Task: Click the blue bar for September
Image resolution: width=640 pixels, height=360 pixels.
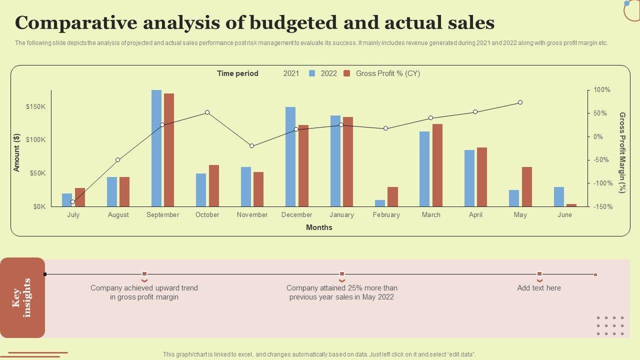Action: pyautogui.click(x=156, y=148)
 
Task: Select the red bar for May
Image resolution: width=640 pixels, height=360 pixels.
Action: pyautogui.click(x=527, y=186)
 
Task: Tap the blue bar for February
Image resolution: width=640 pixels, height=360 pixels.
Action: pyautogui.click(x=380, y=203)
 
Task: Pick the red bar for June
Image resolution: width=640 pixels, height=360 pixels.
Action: pyautogui.click(x=571, y=205)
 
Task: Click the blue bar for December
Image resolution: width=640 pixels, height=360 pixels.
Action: pyautogui.click(x=290, y=156)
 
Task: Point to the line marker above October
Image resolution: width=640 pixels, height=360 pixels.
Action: pyautogui.click(x=207, y=112)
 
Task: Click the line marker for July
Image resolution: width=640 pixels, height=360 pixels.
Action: pyautogui.click(x=73, y=202)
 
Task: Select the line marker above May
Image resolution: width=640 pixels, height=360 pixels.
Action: pyautogui.click(x=520, y=102)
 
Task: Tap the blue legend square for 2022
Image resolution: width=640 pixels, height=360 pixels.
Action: pyautogui.click(x=312, y=73)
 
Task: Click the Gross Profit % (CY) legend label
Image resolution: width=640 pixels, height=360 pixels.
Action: pyautogui.click(x=387, y=73)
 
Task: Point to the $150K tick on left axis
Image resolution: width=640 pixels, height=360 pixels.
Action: pyautogui.click(x=36, y=106)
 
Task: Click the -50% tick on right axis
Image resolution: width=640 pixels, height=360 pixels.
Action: pyautogui.click(x=601, y=160)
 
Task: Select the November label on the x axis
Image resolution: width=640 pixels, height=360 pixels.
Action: pyautogui.click(x=252, y=214)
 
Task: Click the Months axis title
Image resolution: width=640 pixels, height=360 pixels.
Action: pyautogui.click(x=319, y=227)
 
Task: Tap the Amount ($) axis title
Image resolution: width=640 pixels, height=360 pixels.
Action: pyautogui.click(x=17, y=152)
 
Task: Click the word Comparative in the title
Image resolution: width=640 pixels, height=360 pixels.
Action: pyautogui.click(x=75, y=23)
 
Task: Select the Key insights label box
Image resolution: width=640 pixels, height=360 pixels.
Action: pyautogui.click(x=22, y=297)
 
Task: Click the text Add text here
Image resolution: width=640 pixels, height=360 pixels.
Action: pyautogui.click(x=539, y=288)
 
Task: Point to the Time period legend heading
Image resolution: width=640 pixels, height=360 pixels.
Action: pyautogui.click(x=237, y=73)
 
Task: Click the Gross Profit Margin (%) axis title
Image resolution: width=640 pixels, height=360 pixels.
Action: pyautogui.click(x=622, y=152)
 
